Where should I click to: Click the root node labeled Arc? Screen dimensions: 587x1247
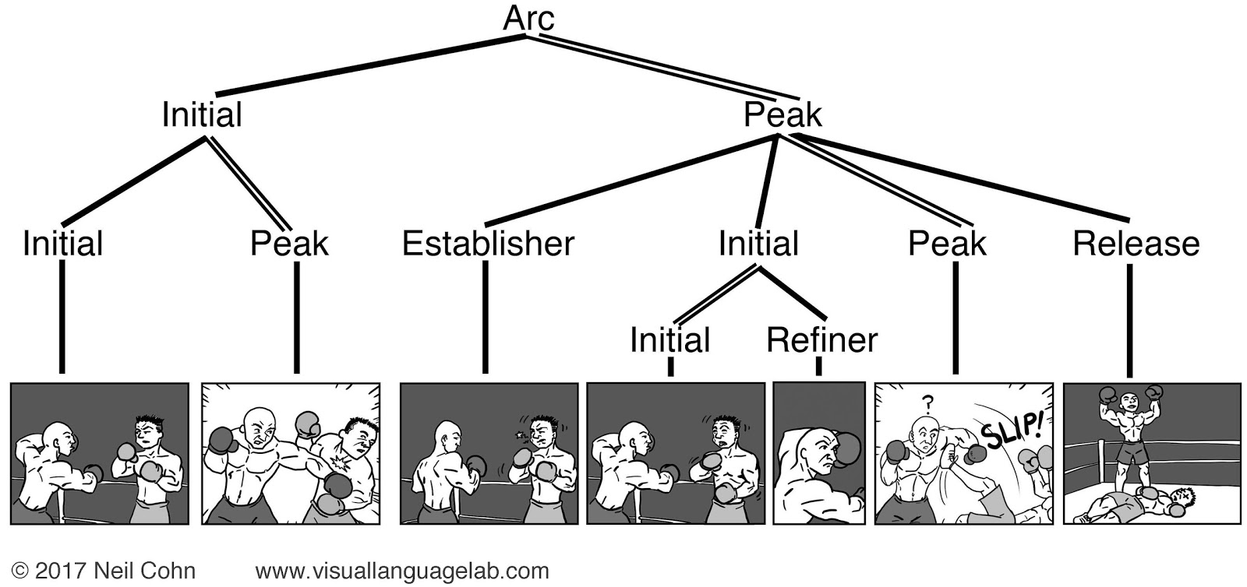point(528,19)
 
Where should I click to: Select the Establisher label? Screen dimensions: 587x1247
point(488,244)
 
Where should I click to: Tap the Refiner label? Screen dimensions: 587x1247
point(821,340)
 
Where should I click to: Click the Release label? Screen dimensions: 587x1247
point(1136,244)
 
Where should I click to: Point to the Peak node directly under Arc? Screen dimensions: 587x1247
point(782,115)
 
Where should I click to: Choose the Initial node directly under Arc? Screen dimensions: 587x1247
point(202,115)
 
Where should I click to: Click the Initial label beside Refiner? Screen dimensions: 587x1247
point(669,340)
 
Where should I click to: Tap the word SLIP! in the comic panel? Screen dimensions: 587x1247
point(1010,426)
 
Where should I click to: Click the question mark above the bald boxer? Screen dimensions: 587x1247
point(927,403)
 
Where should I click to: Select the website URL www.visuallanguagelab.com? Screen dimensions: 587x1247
point(401,571)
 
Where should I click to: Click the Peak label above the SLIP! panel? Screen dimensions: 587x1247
point(946,244)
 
